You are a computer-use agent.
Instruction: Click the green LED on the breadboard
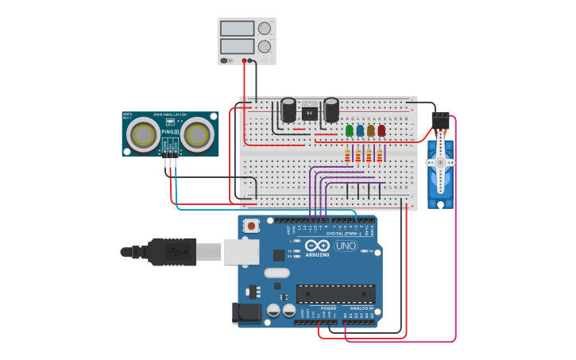pos(350,130)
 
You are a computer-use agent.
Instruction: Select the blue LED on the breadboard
pos(360,130)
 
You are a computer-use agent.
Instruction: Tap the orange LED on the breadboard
pos(371,130)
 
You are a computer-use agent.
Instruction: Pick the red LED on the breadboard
pos(381,130)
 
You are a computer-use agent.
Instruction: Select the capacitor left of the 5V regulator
pos(289,110)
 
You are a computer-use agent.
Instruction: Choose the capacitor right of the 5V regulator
pos(331,110)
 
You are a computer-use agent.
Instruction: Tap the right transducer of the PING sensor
pos(196,136)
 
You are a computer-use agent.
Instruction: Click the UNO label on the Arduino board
pos(346,246)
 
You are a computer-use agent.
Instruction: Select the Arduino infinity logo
pos(315,246)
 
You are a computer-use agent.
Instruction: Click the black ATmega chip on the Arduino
pos(335,293)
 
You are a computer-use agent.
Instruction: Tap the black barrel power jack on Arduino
pos(246,313)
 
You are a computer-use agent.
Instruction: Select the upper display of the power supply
pos(237,29)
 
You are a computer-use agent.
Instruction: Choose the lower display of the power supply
pos(237,47)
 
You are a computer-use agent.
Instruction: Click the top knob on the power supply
pos(264,29)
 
